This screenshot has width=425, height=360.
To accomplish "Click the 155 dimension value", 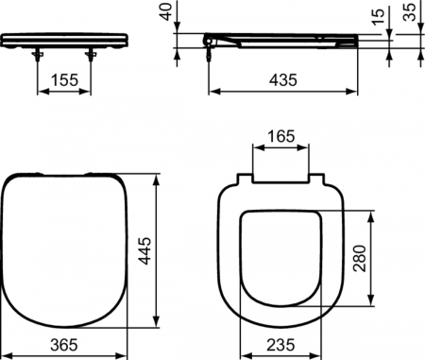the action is point(64,80).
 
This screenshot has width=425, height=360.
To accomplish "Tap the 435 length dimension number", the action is point(282,80).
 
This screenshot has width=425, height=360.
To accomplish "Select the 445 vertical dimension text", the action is point(145,251).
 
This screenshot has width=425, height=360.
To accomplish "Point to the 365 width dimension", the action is point(64,345).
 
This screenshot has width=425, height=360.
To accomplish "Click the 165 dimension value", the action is point(281,136).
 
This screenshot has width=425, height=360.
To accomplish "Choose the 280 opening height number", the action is point(360,258).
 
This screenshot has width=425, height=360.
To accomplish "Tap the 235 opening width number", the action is point(280,345).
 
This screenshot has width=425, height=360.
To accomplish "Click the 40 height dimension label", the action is point(166,11).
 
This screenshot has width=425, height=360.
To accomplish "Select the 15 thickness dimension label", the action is point(379,16).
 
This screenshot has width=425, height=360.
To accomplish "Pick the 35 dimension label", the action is point(410,12).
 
